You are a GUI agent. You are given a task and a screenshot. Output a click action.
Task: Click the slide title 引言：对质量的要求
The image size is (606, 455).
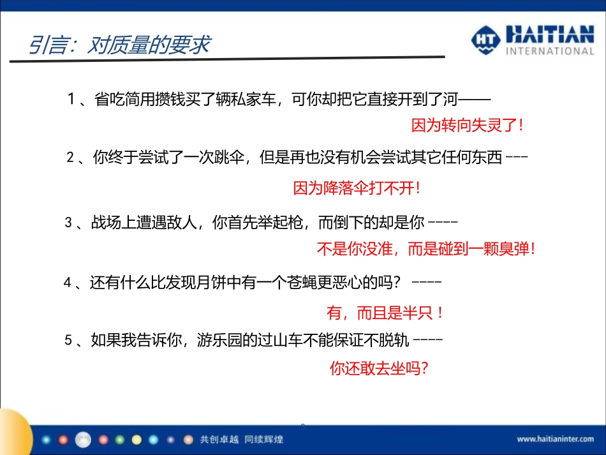(119, 46)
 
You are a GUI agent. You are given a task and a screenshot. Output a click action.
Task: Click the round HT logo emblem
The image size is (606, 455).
(487, 40)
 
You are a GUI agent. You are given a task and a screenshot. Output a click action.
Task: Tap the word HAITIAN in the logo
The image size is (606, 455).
(549, 34)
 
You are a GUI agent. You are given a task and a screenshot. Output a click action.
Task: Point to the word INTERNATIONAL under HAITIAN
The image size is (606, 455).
(549, 50)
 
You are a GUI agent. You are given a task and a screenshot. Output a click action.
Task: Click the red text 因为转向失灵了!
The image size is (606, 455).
(468, 125)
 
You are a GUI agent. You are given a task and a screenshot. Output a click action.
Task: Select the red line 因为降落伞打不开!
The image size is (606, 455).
(357, 188)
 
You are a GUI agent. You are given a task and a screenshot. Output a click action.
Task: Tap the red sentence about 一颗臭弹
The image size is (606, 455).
(425, 249)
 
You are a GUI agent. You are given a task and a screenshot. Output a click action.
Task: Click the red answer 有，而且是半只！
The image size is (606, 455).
(385, 313)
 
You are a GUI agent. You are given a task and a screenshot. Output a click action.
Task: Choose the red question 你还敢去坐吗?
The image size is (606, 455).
(378, 368)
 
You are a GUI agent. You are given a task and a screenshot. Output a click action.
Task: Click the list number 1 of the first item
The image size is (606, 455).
(71, 100)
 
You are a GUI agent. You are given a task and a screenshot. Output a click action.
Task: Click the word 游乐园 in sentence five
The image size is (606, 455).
(230, 340)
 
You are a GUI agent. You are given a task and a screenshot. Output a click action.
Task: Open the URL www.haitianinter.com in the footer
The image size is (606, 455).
(555, 439)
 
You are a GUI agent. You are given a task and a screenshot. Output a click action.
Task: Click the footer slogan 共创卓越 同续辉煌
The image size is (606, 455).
(241, 439)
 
